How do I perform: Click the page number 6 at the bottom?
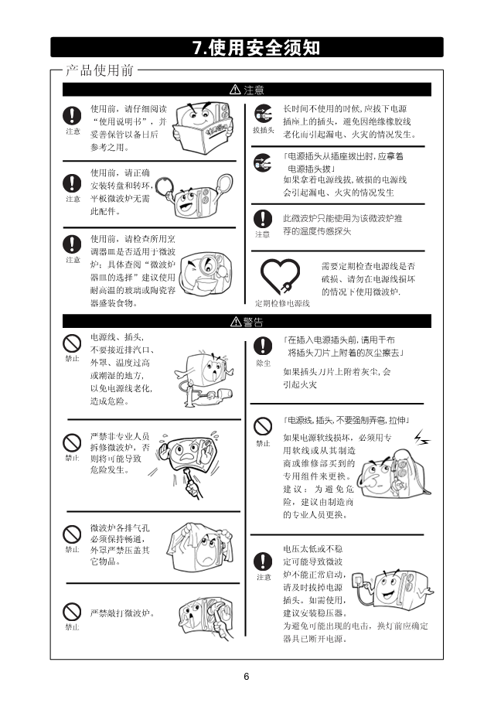(x=246, y=677)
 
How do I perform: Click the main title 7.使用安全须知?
(x=257, y=47)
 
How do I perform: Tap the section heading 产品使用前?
(x=100, y=70)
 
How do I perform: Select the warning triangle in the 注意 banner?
(x=235, y=90)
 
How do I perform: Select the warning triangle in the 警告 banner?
(x=236, y=322)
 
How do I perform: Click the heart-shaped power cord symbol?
(x=280, y=277)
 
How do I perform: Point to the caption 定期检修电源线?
(x=282, y=303)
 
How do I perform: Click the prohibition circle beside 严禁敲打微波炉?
(x=72, y=612)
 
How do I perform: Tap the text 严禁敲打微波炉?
(x=122, y=613)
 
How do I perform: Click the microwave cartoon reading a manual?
(x=203, y=126)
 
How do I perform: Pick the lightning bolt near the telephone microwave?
(x=421, y=438)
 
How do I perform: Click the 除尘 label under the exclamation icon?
(x=263, y=363)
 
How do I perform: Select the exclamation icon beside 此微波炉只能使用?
(x=263, y=219)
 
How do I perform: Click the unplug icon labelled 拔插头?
(x=263, y=114)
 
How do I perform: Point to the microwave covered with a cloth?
(x=200, y=548)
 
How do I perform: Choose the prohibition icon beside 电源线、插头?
(x=72, y=344)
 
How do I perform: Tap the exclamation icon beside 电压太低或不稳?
(x=263, y=561)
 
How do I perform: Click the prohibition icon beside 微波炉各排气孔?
(x=72, y=534)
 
